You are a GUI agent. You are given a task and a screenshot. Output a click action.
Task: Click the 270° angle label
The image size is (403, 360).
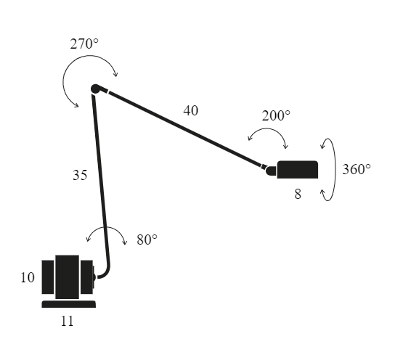click(x=84, y=44)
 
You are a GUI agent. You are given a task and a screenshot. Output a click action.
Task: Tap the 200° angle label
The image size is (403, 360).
click(x=276, y=115)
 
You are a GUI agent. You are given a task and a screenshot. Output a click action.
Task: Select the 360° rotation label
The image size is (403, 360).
click(x=357, y=169)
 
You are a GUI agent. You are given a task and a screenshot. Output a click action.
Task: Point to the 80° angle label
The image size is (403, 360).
click(x=147, y=240)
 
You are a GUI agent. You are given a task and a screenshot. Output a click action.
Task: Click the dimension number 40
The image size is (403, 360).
click(x=191, y=111)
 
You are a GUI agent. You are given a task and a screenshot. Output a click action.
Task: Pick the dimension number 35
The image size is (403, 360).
click(x=80, y=175)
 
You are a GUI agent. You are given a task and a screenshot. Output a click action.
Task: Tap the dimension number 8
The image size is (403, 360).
click(x=298, y=194)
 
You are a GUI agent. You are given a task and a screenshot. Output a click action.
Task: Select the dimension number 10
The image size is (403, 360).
click(x=28, y=277)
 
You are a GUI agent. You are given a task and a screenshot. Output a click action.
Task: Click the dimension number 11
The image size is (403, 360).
click(x=67, y=322)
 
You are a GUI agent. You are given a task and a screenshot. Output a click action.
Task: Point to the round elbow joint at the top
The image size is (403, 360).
click(x=95, y=89)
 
